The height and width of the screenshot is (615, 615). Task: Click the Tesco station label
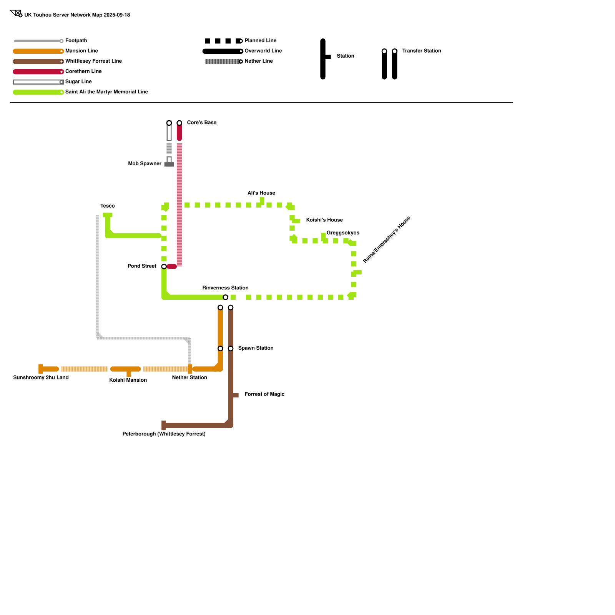(x=108, y=206)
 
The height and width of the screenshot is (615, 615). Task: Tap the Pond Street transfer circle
(x=164, y=266)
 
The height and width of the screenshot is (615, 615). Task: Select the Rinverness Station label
(x=225, y=288)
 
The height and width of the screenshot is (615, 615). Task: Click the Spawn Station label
(x=256, y=348)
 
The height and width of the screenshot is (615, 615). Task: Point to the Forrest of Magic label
(x=264, y=394)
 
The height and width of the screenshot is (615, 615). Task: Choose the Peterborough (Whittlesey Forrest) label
(x=164, y=434)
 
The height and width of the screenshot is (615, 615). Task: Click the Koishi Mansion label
(x=128, y=380)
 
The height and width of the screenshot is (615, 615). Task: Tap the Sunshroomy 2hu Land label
(x=41, y=377)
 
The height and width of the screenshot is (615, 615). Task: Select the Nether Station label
(x=189, y=377)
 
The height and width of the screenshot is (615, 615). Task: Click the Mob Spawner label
(x=145, y=164)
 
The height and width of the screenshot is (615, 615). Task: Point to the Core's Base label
(x=201, y=123)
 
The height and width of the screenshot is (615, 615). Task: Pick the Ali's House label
(x=261, y=193)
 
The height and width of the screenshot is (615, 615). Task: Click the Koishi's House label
(x=324, y=220)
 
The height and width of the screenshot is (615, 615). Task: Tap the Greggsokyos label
(x=343, y=233)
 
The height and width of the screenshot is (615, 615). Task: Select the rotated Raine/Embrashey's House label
(x=387, y=240)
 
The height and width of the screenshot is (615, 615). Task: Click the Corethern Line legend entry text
(x=83, y=71)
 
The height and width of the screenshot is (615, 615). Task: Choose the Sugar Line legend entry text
(x=78, y=81)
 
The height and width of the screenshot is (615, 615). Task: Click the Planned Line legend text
(x=260, y=41)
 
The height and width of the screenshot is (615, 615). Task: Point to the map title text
(x=77, y=15)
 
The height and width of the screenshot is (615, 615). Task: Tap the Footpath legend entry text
(x=76, y=41)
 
